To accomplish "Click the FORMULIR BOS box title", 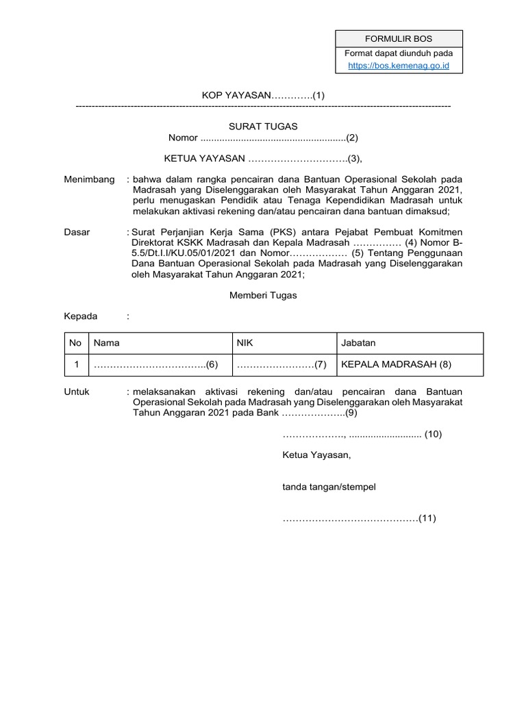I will click(x=399, y=38).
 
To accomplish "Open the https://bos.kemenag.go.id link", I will click(x=399, y=66).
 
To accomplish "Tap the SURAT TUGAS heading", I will click(x=262, y=127).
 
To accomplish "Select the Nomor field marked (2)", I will click(x=263, y=138).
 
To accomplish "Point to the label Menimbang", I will click(x=89, y=179).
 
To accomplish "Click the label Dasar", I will click(x=77, y=232).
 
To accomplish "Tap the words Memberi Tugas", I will click(x=262, y=296).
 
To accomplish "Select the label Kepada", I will click(x=81, y=316).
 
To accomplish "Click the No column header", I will click(x=75, y=343).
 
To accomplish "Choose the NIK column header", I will click(x=245, y=343).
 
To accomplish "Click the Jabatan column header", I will click(x=358, y=343).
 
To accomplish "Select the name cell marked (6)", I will click(x=155, y=365).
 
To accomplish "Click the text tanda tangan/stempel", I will click(x=329, y=487).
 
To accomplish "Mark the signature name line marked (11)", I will click(x=359, y=518).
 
